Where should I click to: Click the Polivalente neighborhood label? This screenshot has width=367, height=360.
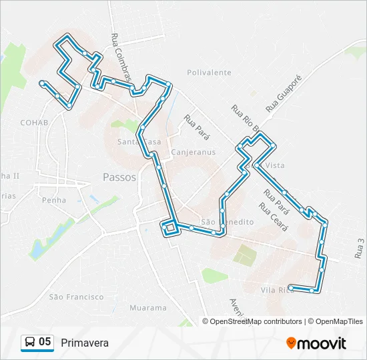[209, 73]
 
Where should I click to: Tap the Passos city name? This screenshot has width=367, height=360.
[120, 177]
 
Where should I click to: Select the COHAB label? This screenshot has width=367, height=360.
[34, 123]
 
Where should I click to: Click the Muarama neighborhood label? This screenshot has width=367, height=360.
[147, 308]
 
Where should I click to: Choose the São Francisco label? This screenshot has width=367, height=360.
[76, 296]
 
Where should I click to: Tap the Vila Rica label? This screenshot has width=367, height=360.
[276, 289]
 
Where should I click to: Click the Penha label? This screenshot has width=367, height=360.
[53, 199]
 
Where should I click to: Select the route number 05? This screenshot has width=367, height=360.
[45, 342]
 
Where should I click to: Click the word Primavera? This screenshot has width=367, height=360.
[84, 343]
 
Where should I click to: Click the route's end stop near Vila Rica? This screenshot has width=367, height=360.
[291, 287]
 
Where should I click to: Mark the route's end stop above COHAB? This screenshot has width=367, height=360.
[42, 83]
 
